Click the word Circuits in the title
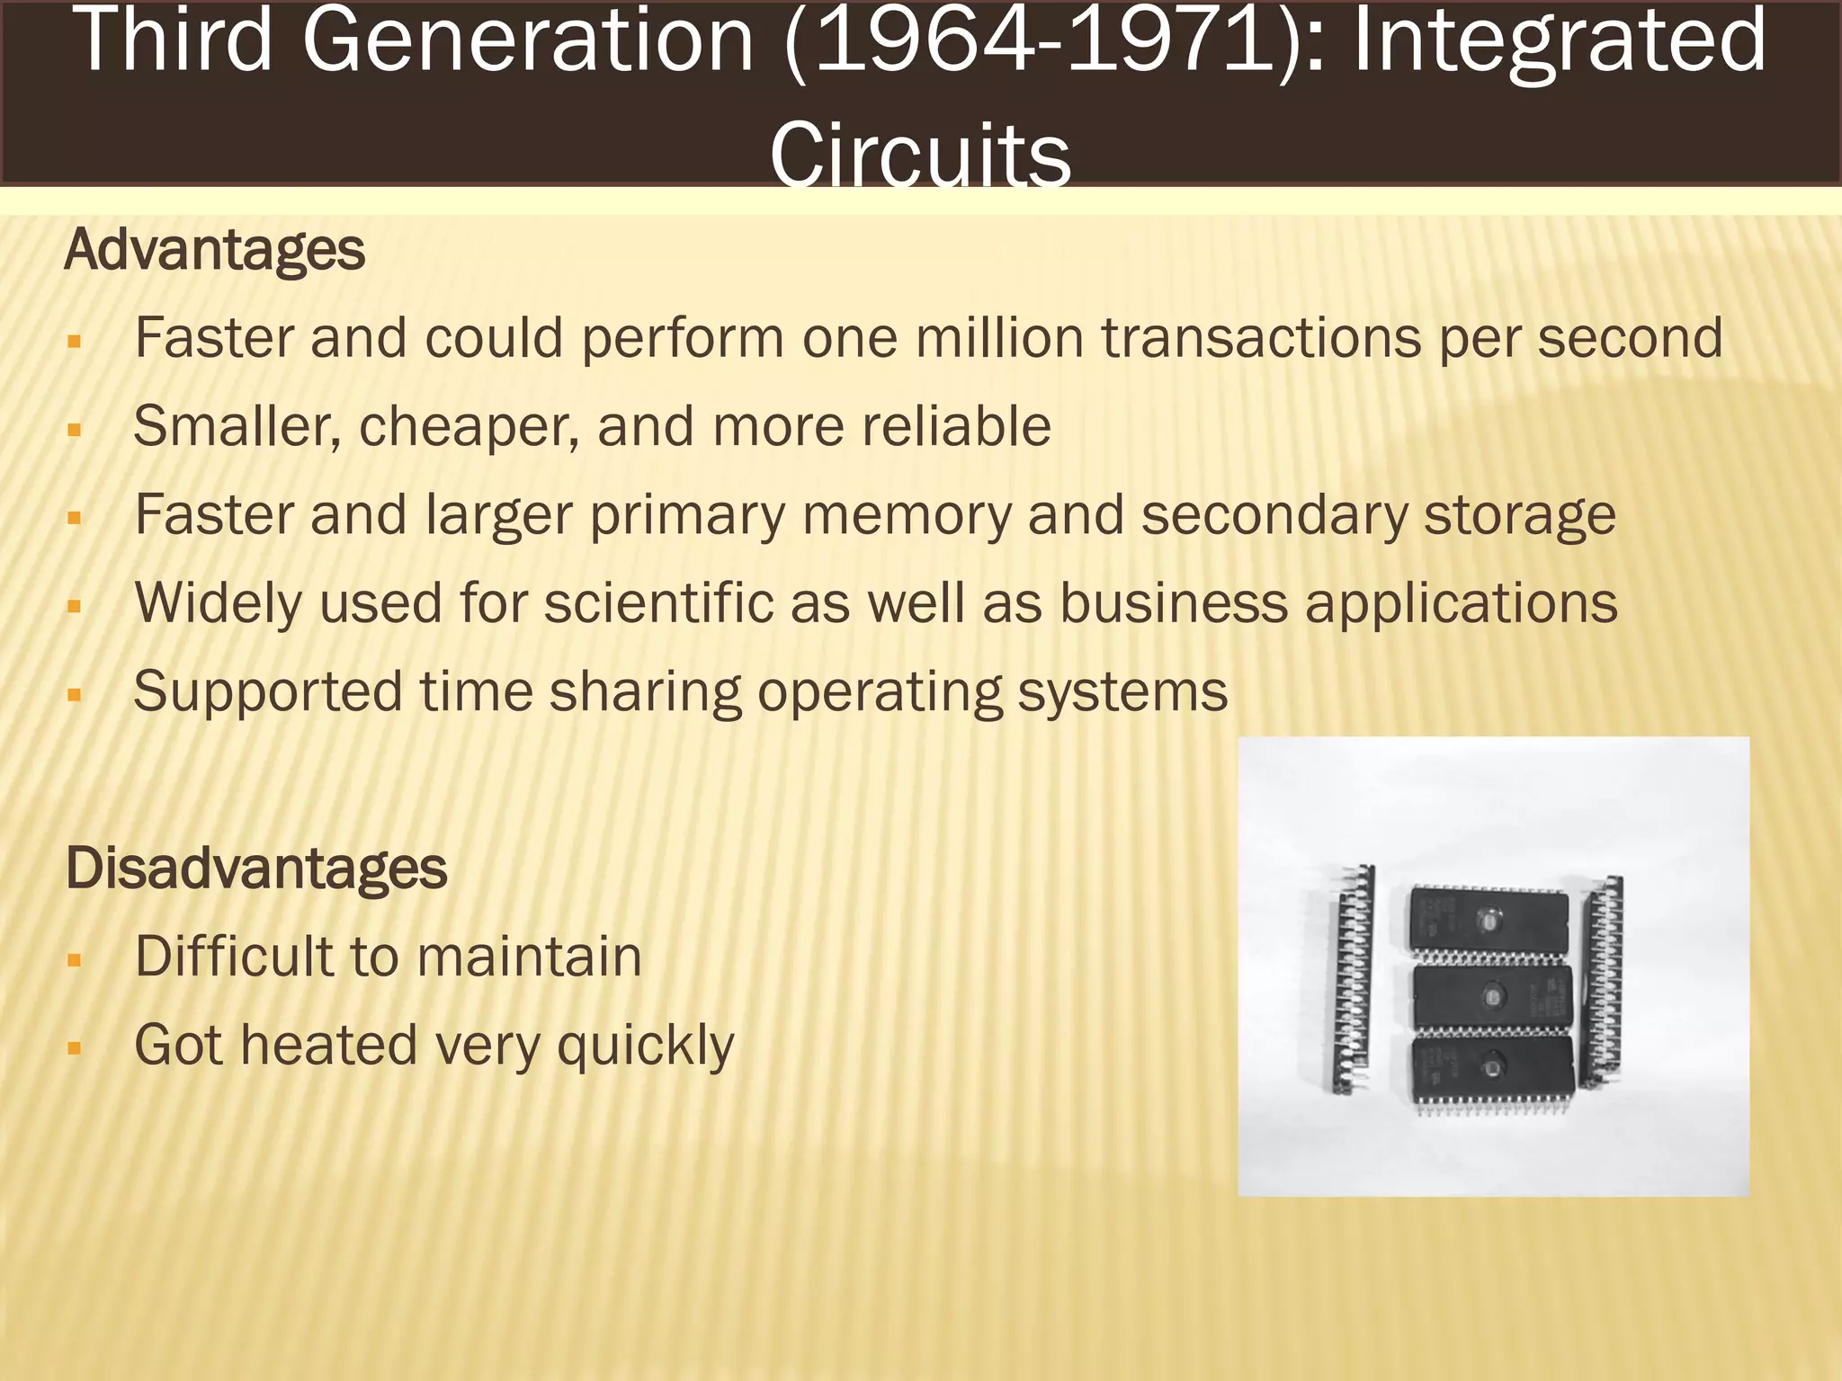pos(920,153)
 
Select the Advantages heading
pos(215,249)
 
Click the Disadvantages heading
pos(256,869)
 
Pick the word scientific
pos(658,602)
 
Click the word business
pos(1174,602)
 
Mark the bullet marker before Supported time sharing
pos(75,695)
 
